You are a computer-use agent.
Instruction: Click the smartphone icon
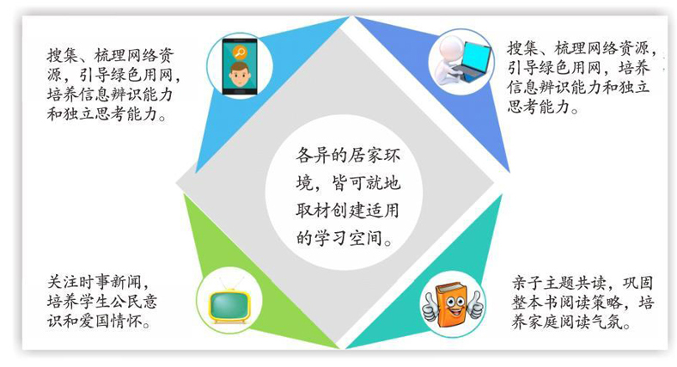click(x=240, y=66)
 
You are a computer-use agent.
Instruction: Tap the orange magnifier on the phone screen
click(x=239, y=52)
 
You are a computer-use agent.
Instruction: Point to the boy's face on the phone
click(x=239, y=75)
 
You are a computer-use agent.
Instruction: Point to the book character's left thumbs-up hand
click(x=430, y=306)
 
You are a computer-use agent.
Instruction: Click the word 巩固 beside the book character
click(x=637, y=283)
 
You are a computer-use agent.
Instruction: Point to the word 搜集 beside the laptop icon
click(x=522, y=48)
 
